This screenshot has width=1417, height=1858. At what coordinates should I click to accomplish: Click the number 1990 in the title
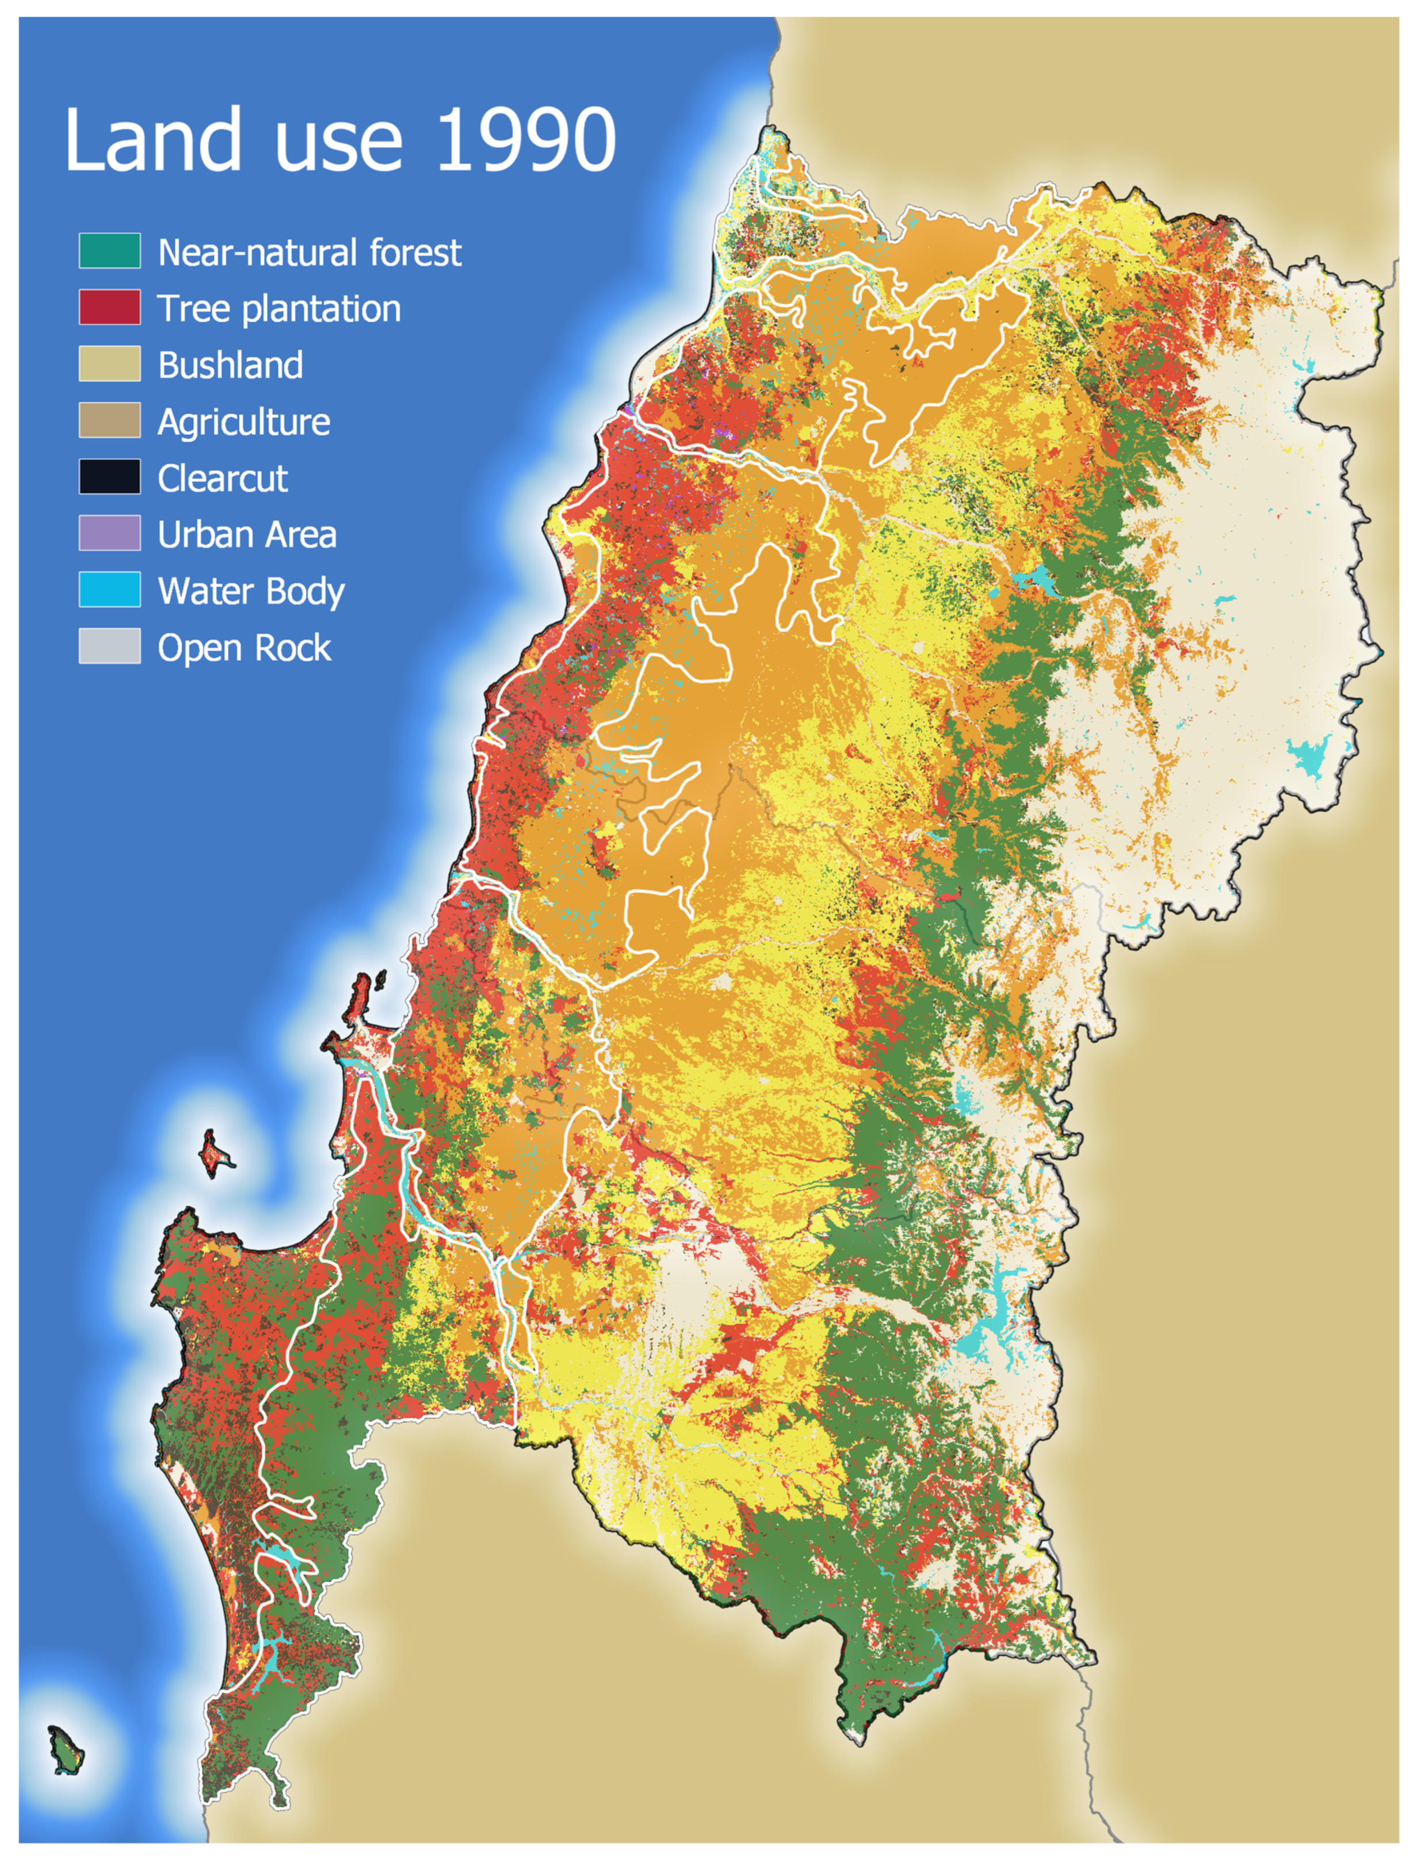coord(526,139)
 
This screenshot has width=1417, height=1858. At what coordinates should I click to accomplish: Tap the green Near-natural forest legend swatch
coord(110,251)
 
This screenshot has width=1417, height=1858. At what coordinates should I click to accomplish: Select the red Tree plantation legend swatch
coord(110,308)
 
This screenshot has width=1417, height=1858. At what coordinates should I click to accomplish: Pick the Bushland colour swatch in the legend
coord(110,364)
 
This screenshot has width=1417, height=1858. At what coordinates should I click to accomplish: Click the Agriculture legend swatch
coord(110,421)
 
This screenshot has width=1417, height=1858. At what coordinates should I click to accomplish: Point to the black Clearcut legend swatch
coord(110,477)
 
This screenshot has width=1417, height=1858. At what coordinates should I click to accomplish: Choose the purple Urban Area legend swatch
coord(110,534)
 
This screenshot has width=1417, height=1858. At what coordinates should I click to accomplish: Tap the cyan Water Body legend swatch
coord(110,590)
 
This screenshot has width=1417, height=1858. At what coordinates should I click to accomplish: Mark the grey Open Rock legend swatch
coord(110,647)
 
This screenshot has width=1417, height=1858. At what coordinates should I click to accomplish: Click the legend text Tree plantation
coord(279,309)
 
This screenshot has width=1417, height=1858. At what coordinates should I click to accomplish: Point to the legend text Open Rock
coord(245,648)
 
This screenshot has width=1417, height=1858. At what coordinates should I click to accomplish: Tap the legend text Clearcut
coord(223,478)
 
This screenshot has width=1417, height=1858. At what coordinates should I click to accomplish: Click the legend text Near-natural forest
coord(310,252)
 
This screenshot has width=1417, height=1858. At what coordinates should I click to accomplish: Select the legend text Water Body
coord(251,591)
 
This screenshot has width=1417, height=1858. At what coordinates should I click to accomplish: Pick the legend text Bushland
coord(230,365)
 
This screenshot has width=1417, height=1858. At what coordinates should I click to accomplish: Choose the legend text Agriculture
coord(244,422)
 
